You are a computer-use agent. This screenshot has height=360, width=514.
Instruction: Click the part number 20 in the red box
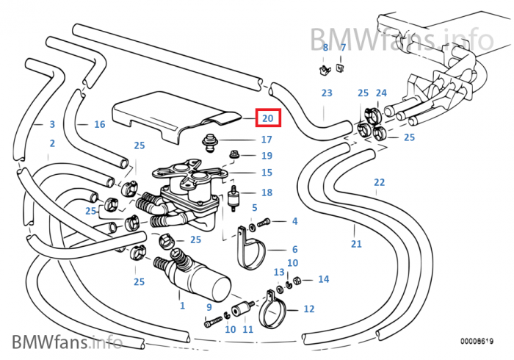pos(267,118)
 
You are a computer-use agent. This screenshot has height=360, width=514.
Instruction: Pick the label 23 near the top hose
pos(327,93)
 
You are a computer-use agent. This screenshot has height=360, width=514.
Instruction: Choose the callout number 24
pos(381,93)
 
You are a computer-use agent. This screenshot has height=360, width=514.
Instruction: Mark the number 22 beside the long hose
pos(379,182)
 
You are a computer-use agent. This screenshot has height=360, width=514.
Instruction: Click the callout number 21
pos(356,244)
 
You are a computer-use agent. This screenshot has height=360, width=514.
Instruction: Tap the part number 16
pos(100,125)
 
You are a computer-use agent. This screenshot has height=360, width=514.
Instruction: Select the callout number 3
pos(51,125)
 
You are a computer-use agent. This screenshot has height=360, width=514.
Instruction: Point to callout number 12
pos(308,309)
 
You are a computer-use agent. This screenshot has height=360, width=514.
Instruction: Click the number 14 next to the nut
pos(324,279)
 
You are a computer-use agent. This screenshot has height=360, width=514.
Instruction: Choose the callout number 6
pos(294,250)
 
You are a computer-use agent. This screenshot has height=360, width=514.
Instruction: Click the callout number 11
pos(247,330)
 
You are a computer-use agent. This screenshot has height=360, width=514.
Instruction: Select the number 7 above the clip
pos(342,48)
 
